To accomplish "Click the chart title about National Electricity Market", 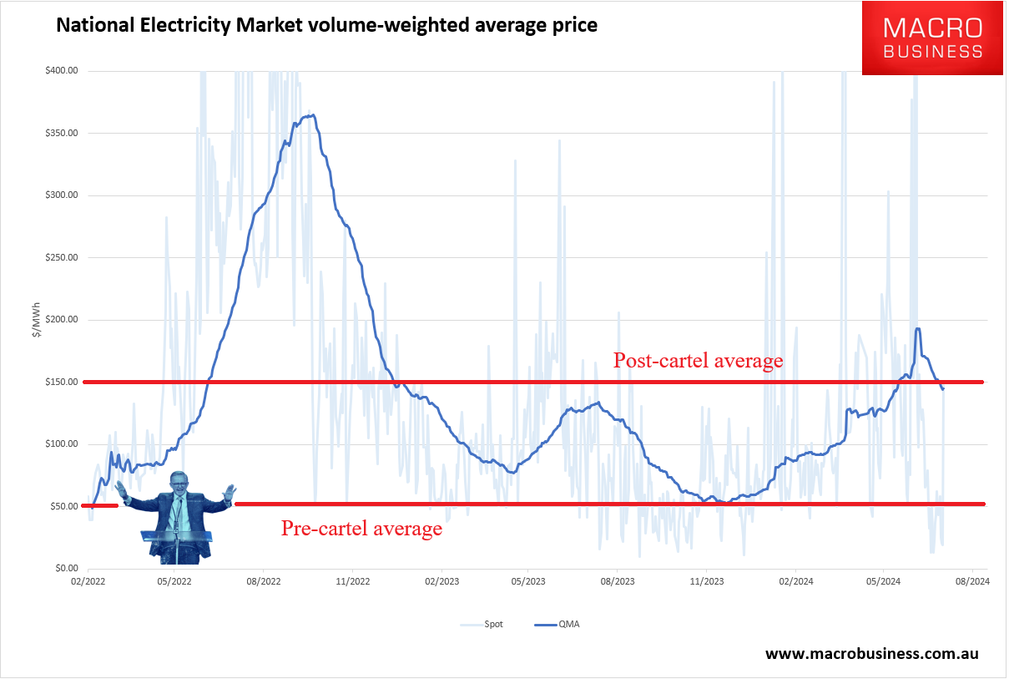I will (x=326, y=25).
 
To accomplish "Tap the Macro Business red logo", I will (x=932, y=38).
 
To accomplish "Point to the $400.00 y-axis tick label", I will (x=62, y=71).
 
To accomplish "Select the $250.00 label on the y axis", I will (x=62, y=257).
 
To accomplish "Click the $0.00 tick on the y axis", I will (x=64, y=568).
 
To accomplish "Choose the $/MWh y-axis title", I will (x=35, y=319).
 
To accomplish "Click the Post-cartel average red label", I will (x=698, y=361).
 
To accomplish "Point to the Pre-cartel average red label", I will (x=361, y=529).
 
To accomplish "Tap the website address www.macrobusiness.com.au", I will (x=871, y=653).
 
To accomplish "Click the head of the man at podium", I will (x=179, y=484).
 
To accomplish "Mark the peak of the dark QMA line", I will (x=310, y=115).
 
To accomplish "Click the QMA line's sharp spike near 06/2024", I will (x=918, y=328).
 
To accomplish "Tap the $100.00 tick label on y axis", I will (x=62, y=443).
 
